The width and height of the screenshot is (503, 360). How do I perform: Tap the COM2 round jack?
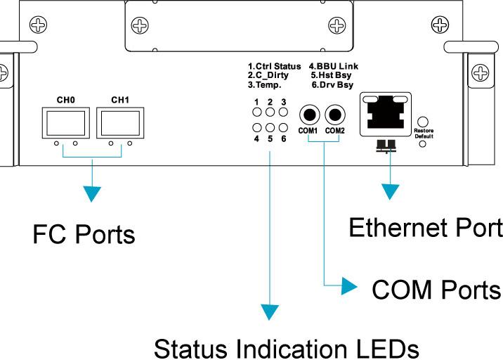(335, 114)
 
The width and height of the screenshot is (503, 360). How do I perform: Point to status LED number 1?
(258, 112)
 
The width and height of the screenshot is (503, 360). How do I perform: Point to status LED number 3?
(283, 112)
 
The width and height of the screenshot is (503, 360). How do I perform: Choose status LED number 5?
(270, 127)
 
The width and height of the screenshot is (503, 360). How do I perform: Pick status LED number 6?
(283, 127)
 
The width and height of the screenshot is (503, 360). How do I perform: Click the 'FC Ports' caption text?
(84, 234)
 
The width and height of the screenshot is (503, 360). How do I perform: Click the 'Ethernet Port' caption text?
(426, 227)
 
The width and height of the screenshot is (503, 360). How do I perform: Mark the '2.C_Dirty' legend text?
(268, 75)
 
